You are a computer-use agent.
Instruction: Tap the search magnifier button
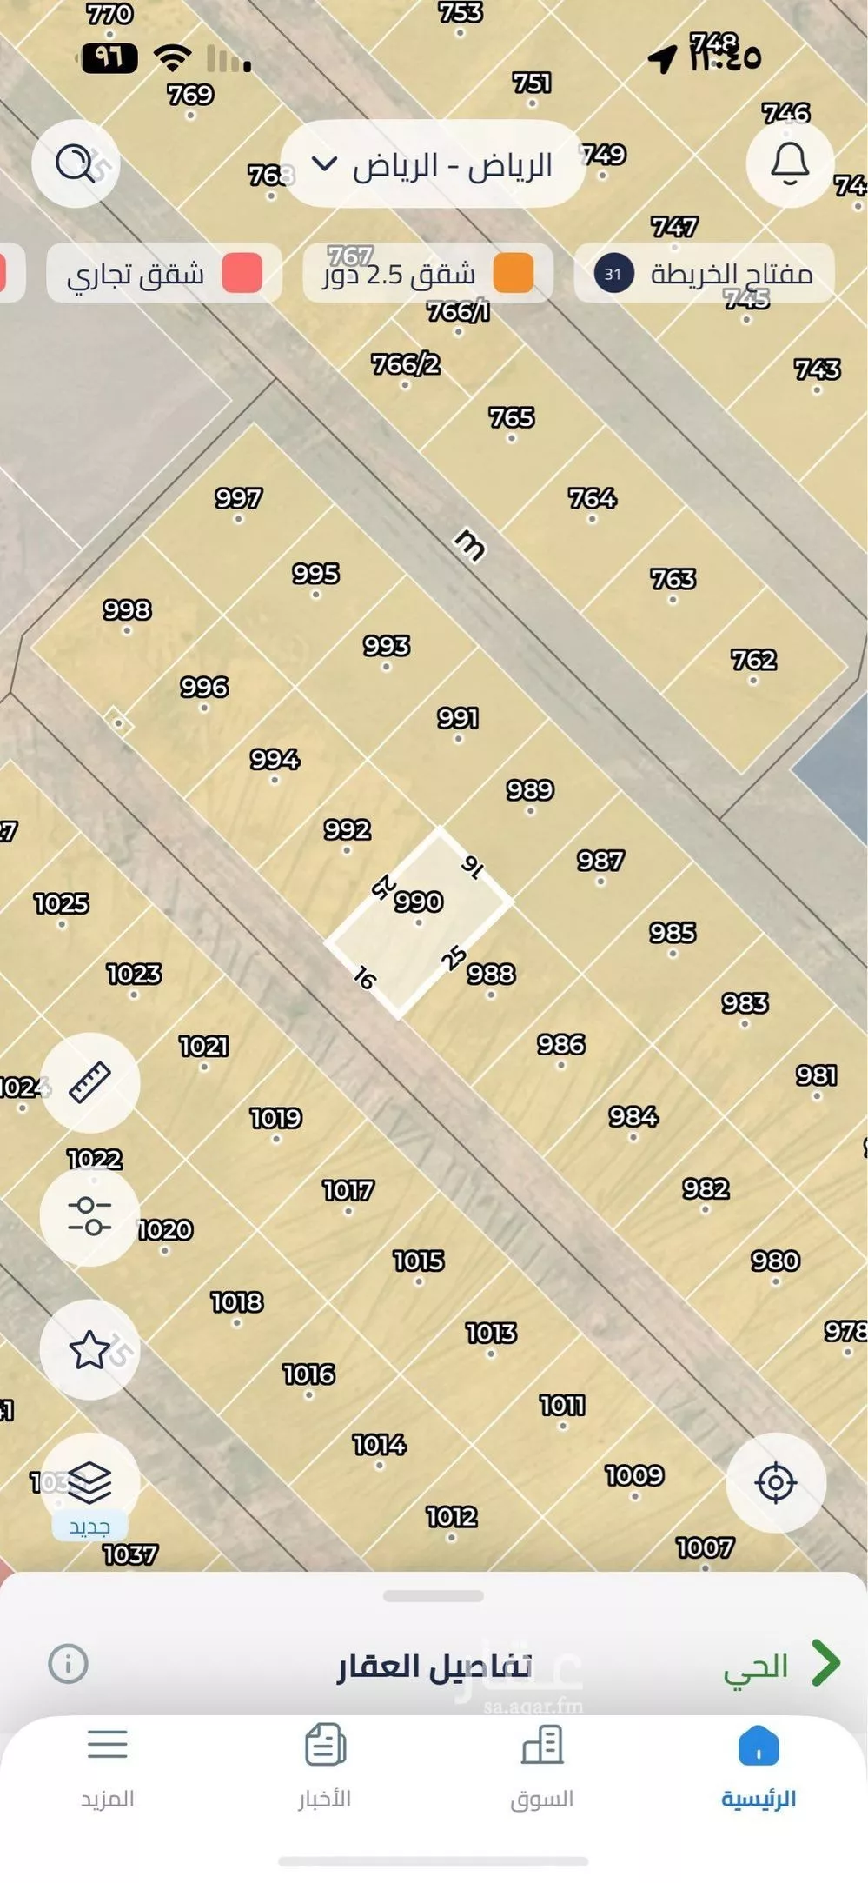coord(76,163)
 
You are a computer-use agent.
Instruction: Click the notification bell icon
coord(790,163)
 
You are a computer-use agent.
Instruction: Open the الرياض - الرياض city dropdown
coord(433,164)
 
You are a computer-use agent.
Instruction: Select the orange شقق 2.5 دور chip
coord(427,274)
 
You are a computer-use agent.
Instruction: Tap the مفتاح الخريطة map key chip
coord(705,274)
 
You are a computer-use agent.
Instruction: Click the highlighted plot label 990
coord(419,902)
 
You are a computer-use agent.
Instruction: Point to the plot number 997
coord(238,498)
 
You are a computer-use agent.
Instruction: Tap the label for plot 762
coord(753,660)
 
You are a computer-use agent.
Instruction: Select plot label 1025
coord(62,903)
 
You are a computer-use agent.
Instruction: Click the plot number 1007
coord(705,1547)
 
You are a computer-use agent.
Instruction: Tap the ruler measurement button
coord(89,1082)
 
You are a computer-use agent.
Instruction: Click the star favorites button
coord(89,1350)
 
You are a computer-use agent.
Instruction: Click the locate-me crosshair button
coord(776,1482)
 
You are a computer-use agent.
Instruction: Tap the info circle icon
coord(68,1664)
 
